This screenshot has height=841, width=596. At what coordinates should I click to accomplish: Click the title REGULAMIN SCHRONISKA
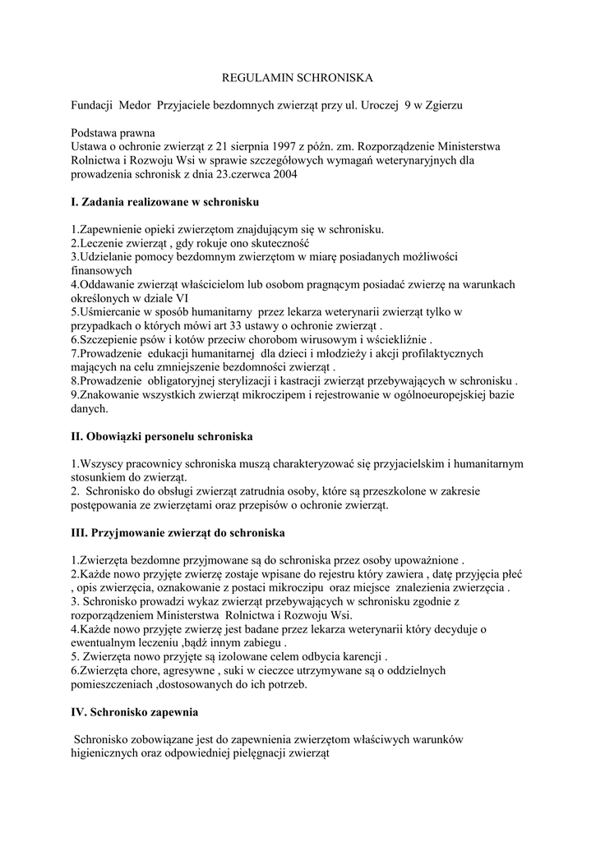click(298, 78)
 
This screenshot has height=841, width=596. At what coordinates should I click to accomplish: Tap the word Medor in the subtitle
click(136, 106)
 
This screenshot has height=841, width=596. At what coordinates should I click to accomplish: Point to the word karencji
click(358, 657)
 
